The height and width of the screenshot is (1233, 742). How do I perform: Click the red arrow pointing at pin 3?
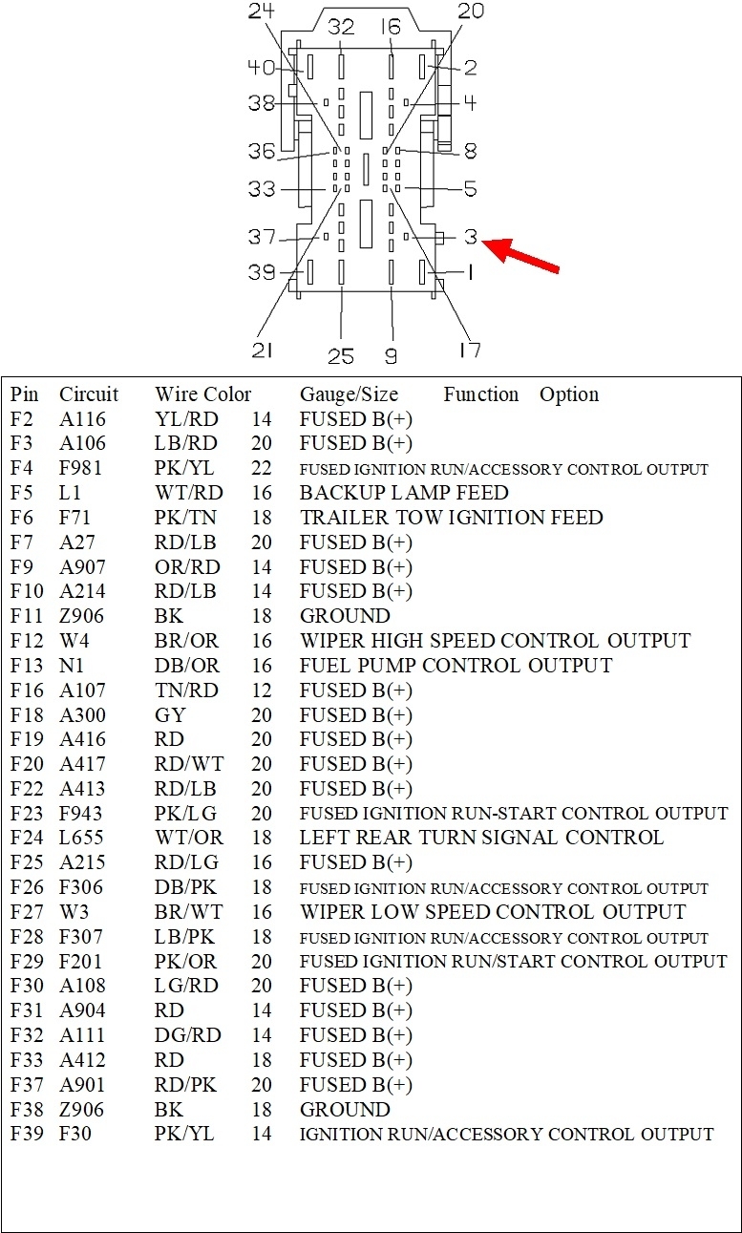click(x=524, y=256)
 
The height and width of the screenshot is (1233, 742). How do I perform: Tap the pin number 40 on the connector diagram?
click(x=262, y=68)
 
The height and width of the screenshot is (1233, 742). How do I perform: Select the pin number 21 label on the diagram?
click(x=263, y=351)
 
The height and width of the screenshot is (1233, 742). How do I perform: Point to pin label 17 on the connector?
click(x=469, y=351)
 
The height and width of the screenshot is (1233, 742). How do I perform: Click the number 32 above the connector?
click(x=341, y=27)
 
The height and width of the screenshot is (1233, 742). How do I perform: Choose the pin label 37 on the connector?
click(x=263, y=237)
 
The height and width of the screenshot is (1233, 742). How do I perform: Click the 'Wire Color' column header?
click(x=202, y=394)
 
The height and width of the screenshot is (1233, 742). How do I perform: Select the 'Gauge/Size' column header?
click(x=349, y=394)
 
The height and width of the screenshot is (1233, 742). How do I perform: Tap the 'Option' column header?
click(x=569, y=394)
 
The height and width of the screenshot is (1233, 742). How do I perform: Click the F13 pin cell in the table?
click(x=27, y=666)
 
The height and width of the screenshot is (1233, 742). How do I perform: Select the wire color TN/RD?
click(x=186, y=691)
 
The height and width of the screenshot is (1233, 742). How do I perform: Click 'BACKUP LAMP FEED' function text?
click(x=404, y=493)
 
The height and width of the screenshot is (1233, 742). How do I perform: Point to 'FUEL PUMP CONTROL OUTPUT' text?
click(x=456, y=666)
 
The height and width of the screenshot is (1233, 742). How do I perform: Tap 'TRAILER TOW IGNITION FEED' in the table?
click(x=451, y=518)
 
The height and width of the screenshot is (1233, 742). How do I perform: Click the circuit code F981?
click(x=82, y=468)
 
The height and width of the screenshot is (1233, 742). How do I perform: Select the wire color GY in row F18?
click(x=170, y=715)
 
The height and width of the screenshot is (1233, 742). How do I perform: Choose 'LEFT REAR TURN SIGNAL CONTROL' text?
click(x=481, y=838)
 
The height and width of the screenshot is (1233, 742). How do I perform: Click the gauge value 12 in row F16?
click(x=262, y=691)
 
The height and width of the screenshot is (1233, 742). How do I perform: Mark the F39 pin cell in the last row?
click(x=27, y=1134)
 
